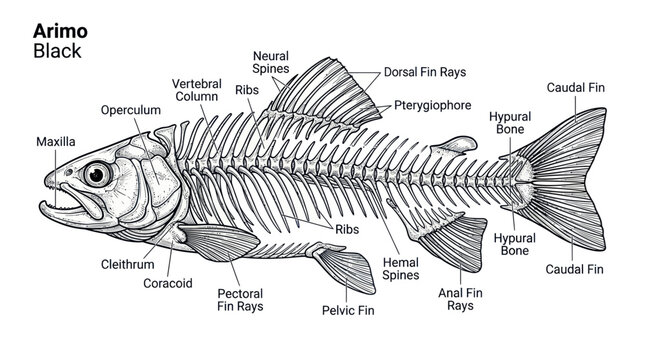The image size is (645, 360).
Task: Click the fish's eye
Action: [x=97, y=174]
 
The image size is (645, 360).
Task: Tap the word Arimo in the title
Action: [x=60, y=31]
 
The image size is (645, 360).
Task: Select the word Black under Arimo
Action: [x=57, y=51]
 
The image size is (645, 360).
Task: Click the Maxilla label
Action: [x=56, y=142]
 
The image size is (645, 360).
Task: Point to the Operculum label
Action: [x=131, y=110]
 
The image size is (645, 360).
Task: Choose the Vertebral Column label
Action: [x=197, y=90]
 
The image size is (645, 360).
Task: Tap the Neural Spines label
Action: [x=271, y=62]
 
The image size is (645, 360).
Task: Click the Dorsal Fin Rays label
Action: [x=425, y=72]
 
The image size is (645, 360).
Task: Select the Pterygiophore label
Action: [x=433, y=105]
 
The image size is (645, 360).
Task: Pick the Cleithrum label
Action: [x=128, y=264]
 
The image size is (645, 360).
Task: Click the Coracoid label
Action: [x=168, y=283]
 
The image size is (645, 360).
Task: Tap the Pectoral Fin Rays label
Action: [x=240, y=300]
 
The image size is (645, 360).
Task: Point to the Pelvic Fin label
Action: [x=348, y=310]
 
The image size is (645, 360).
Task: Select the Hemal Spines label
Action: [x=401, y=269]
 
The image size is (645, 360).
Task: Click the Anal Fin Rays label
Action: [x=460, y=299]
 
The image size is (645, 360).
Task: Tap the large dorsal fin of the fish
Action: [x=325, y=93]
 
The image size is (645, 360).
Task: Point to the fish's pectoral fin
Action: [x=218, y=242]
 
